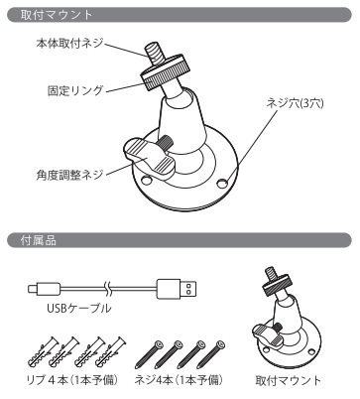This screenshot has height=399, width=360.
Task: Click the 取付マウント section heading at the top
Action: coord(57,15)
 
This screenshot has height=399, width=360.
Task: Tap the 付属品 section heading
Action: coord(39,240)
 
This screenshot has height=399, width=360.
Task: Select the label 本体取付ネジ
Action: coord(69,43)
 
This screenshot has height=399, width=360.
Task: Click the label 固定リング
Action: coord(75,90)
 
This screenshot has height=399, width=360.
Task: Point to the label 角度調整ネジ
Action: coord(69,175)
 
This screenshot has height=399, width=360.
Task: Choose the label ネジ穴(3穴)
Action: coord(295,103)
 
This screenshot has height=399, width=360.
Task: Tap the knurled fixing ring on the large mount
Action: coord(165,72)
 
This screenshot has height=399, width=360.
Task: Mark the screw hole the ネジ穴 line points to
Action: coord(222,184)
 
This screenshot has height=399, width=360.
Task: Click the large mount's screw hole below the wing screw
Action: coord(146,180)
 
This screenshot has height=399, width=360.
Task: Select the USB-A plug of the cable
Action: coord(176,289)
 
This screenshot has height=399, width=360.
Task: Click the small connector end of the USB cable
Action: coord(44,289)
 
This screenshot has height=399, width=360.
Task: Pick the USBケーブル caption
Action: coord(79,308)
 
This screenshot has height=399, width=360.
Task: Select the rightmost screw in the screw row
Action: coord(211,354)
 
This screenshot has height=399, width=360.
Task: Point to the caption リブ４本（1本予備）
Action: coord(72,380)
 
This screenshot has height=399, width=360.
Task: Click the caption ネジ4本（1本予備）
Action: coord(179,380)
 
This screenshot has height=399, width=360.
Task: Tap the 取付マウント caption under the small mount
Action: coord(289,380)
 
